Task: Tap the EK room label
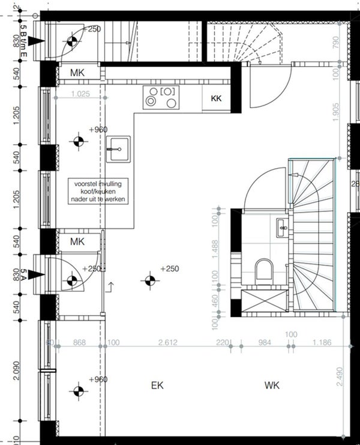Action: tap(157, 385)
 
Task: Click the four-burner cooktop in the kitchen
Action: tap(161, 97)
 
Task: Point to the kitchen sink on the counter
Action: tap(118, 149)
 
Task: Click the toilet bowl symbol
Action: tap(263, 271)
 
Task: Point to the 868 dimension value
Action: tap(79, 343)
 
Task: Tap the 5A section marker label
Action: tap(24, 275)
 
